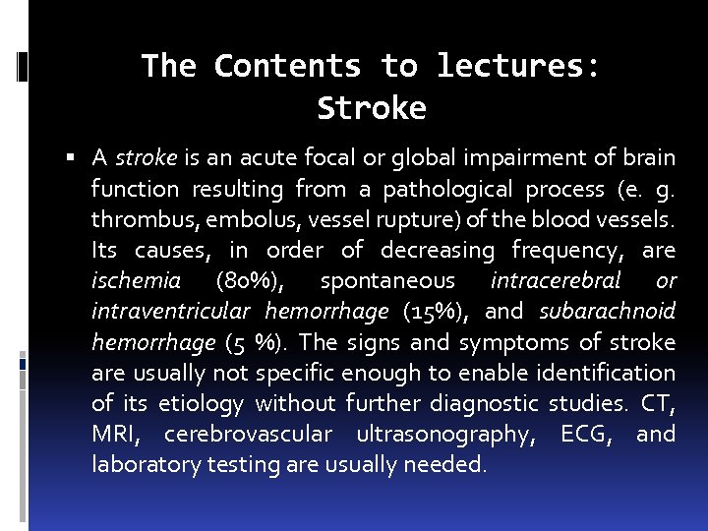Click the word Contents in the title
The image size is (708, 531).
click(x=286, y=66)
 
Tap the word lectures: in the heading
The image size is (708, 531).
click(x=517, y=66)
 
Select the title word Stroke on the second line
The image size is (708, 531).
click(x=372, y=108)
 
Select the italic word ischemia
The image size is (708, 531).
click(x=136, y=281)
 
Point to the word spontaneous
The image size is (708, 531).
click(x=387, y=281)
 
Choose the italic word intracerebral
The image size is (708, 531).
click(x=555, y=281)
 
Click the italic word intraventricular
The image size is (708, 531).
click(x=172, y=312)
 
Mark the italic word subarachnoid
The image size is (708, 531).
click(x=608, y=312)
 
